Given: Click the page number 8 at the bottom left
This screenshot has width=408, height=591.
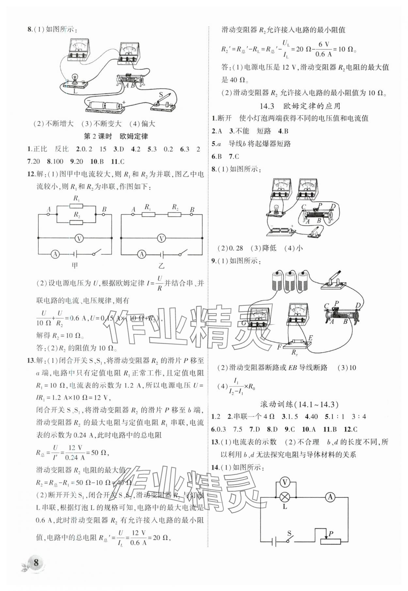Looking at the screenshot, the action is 36,562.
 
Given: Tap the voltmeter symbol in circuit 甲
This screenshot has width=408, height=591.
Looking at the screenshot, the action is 78,239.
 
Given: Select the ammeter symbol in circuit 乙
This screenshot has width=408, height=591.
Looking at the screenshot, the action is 141,254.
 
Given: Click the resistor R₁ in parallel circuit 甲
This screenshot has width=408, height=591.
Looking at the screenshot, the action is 76,206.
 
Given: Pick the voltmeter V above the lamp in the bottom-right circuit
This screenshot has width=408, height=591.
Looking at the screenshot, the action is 285,482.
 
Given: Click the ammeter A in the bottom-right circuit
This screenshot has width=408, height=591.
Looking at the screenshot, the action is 330,497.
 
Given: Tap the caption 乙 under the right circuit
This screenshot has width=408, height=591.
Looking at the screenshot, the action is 161,266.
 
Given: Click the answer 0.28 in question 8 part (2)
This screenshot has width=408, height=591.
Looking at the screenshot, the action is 235,248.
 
